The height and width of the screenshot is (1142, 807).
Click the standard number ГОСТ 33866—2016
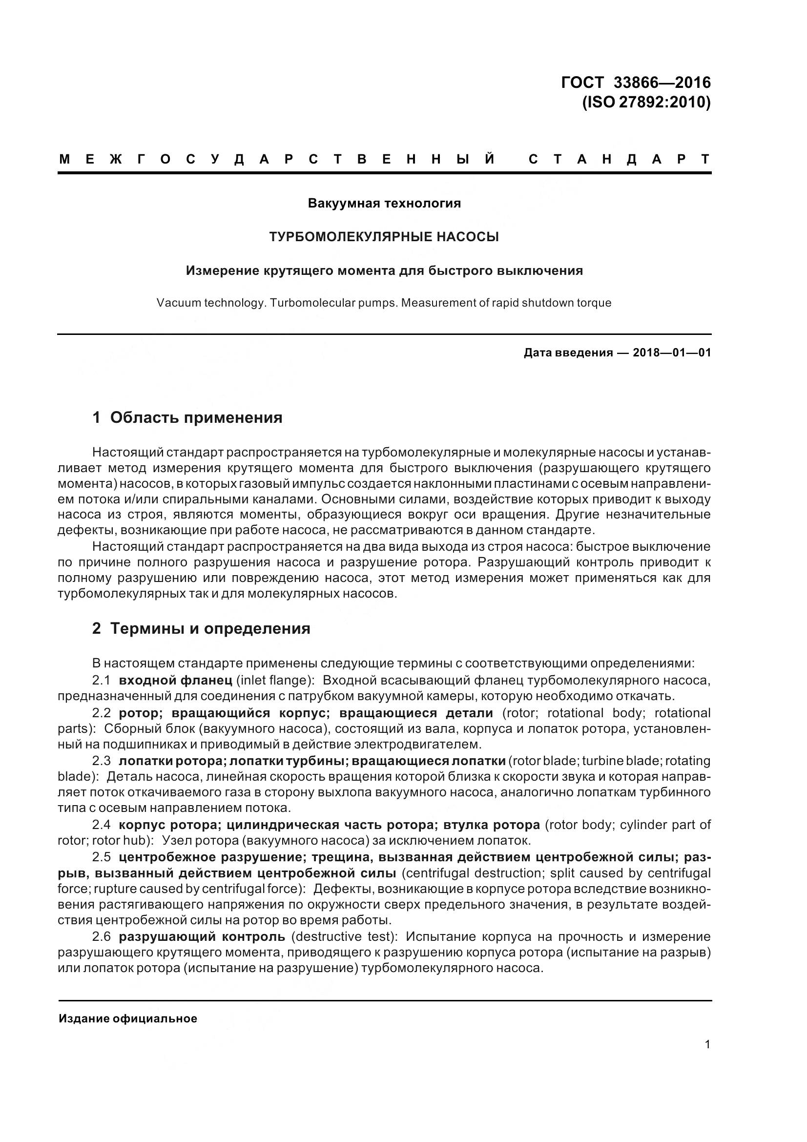coord(636,82)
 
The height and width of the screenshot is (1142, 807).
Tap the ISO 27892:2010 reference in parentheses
coord(646,103)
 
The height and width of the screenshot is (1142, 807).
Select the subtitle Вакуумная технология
coord(384,204)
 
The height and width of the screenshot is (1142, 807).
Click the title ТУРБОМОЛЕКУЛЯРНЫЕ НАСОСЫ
coord(384,237)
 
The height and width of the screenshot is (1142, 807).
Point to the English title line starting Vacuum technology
coord(384,303)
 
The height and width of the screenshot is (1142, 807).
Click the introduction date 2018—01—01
coord(672,353)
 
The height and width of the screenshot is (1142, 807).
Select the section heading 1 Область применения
coord(187,418)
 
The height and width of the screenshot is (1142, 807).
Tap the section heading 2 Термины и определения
coord(201,629)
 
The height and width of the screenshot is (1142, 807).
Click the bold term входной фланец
coord(176,680)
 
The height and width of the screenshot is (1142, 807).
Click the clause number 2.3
coord(102,761)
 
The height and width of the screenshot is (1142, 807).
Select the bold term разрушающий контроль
coord(202,936)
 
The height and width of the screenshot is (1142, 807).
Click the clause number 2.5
coord(102,857)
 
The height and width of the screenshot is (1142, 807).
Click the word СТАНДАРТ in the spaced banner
coord(620,159)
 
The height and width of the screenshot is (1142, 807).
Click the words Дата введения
coord(568,353)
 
